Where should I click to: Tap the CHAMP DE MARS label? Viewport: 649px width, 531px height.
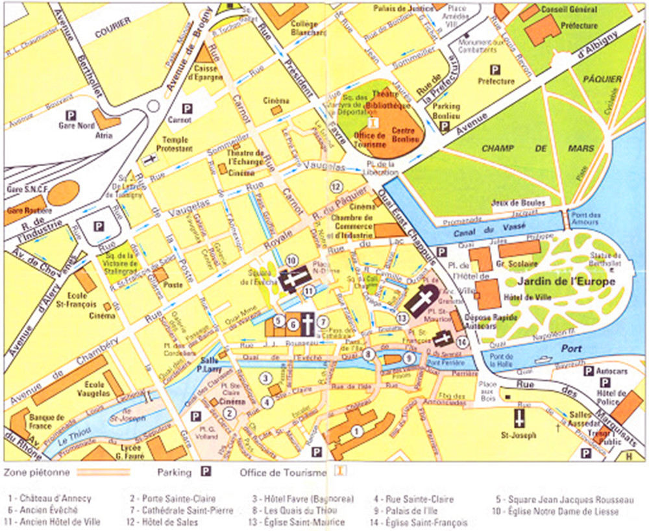[x=531, y=149]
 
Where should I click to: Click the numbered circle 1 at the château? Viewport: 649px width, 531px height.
[x=355, y=430]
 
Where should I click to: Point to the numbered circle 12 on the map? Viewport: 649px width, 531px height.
[x=336, y=187]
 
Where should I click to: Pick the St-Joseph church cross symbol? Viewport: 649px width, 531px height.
[x=519, y=417]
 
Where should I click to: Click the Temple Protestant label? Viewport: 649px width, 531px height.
[x=175, y=143]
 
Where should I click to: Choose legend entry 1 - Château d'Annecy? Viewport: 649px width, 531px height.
[x=50, y=499]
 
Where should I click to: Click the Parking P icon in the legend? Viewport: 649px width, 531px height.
[x=206, y=472]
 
